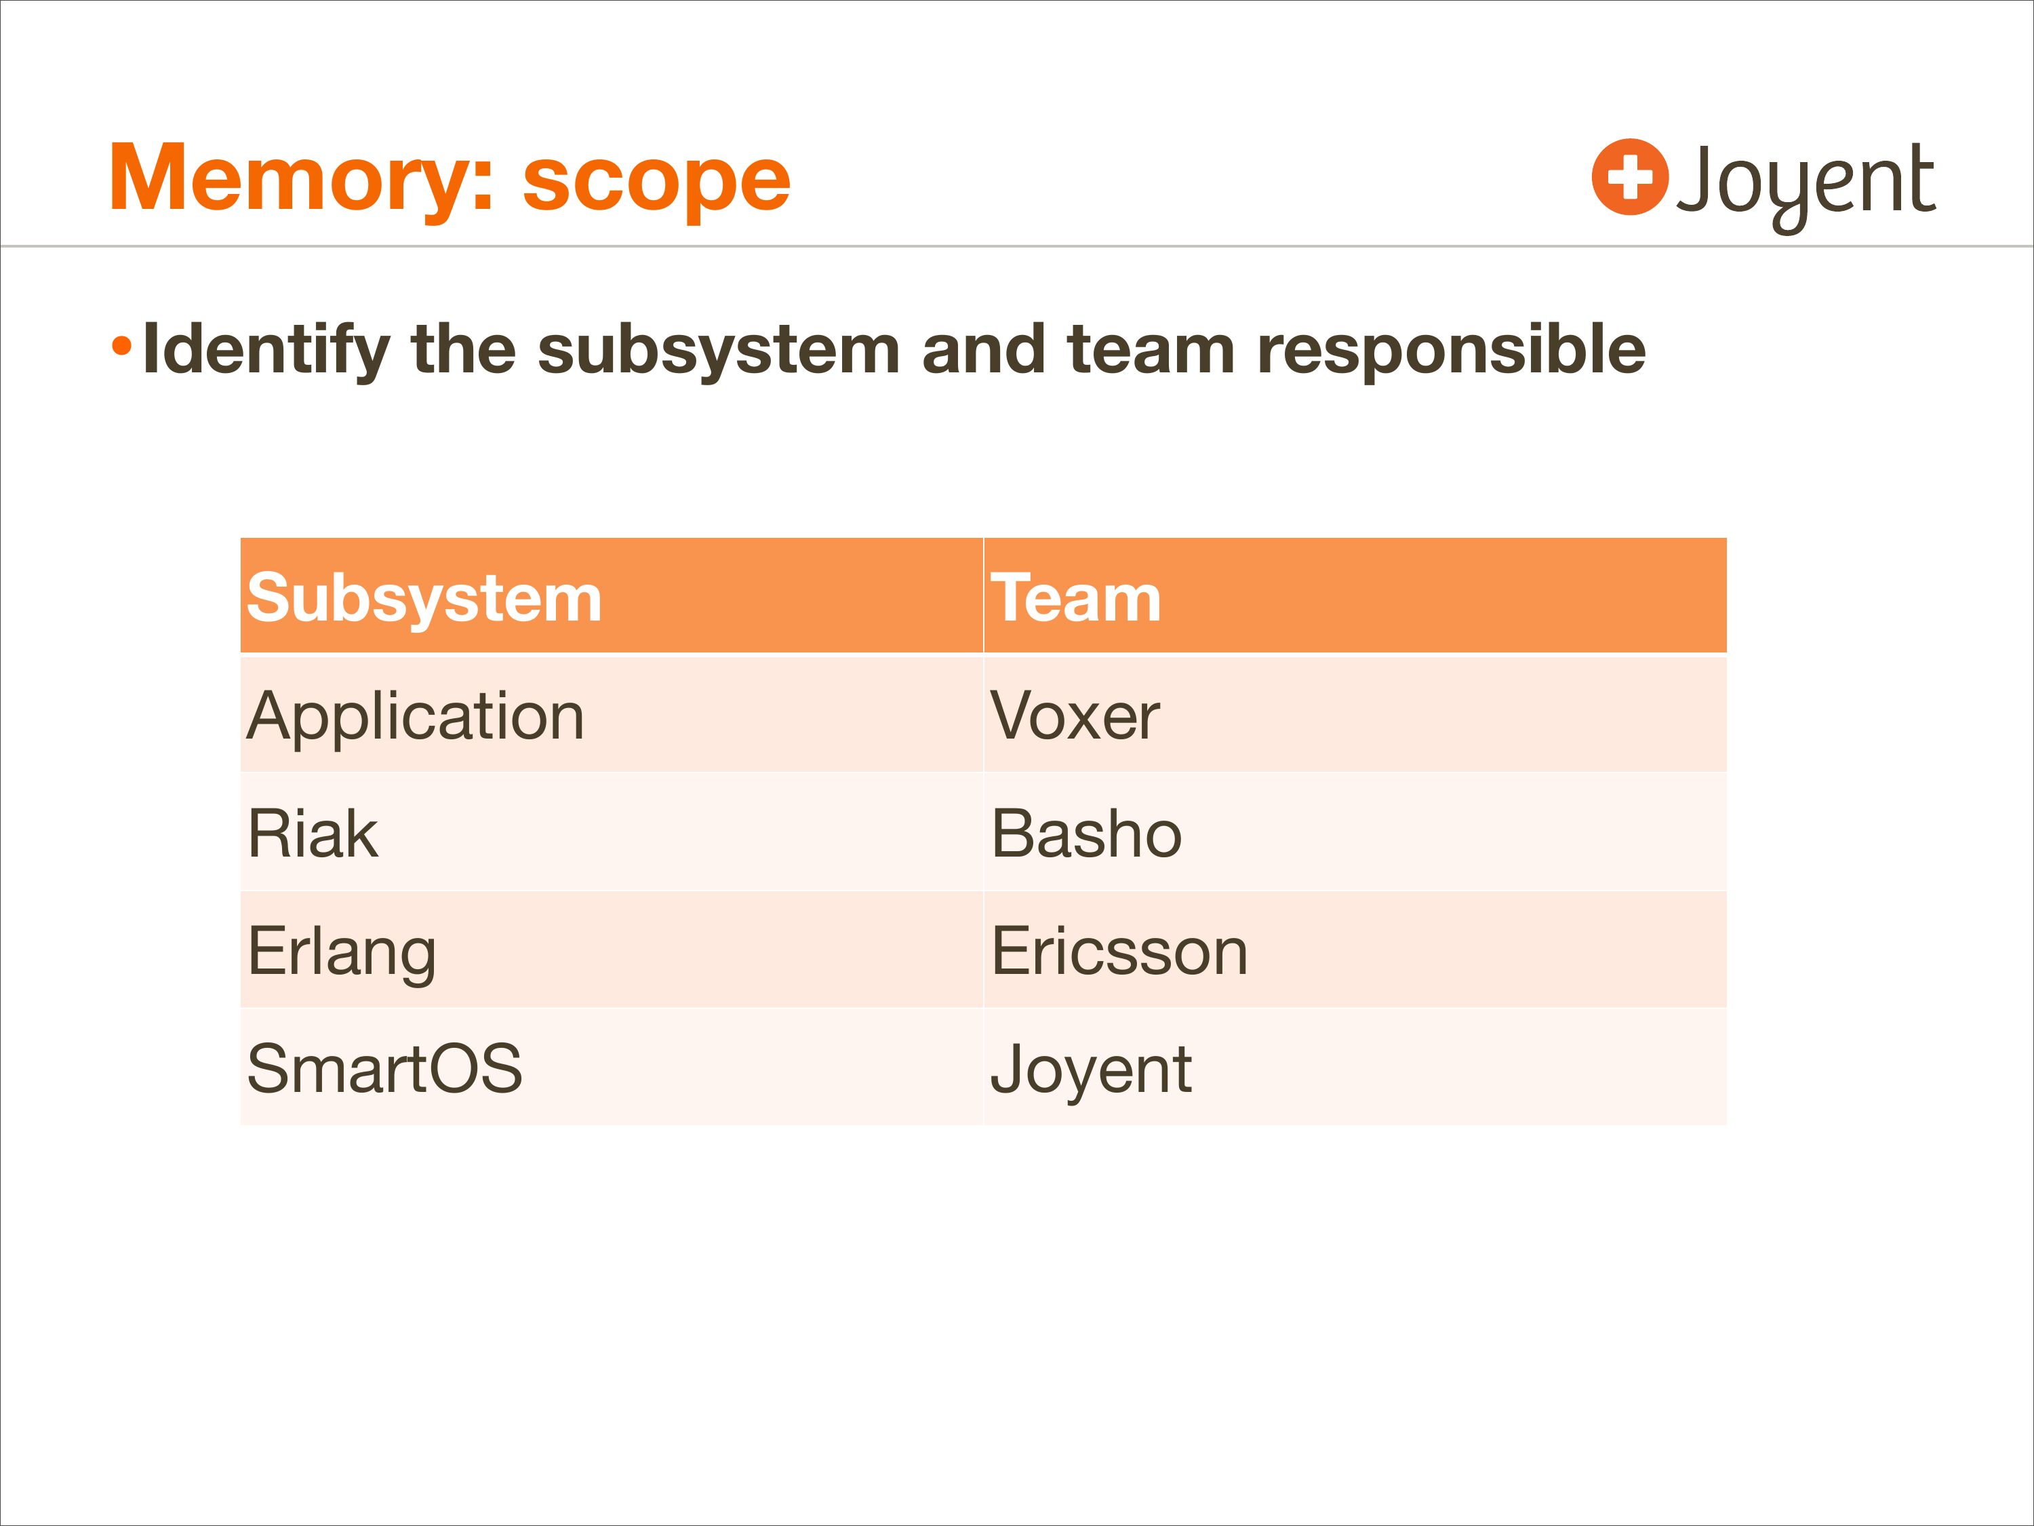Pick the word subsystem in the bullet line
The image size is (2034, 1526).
click(718, 351)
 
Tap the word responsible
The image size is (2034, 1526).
click(1451, 351)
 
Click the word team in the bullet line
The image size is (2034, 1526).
click(1151, 351)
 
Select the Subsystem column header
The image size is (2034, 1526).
click(424, 600)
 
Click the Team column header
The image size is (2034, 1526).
click(1076, 598)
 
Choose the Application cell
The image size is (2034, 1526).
click(416, 718)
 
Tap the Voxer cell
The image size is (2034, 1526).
click(1075, 717)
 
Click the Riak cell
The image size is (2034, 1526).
click(313, 834)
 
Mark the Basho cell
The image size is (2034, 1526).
click(1087, 834)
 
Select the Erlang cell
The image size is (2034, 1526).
click(342, 953)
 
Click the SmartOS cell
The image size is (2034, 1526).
click(385, 1069)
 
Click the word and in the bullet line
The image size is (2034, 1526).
click(983, 351)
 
